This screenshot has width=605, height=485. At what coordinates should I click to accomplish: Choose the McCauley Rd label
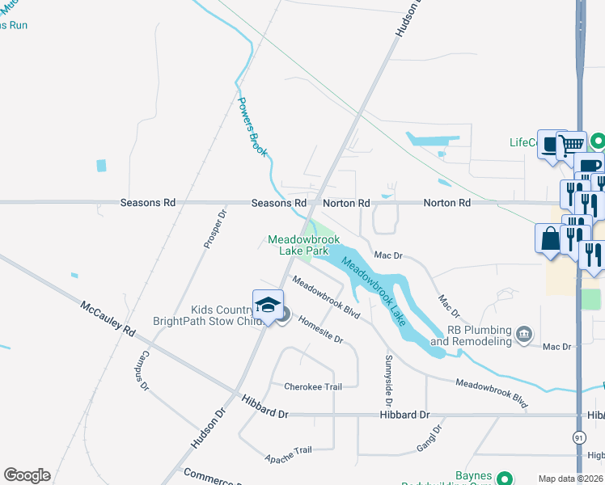pyautogui.click(x=107, y=318)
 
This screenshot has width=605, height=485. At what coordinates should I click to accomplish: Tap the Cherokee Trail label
pyautogui.click(x=312, y=386)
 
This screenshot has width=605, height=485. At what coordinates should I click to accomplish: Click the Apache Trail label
pyautogui.click(x=288, y=453)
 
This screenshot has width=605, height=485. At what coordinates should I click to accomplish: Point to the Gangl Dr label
pyautogui.click(x=430, y=440)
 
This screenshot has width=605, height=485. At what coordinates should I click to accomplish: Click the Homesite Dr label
pyautogui.click(x=320, y=329)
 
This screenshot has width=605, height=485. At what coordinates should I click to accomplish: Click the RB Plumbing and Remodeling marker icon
pyautogui.click(x=524, y=333)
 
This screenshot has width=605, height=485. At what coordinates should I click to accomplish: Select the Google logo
pyautogui.click(x=27, y=475)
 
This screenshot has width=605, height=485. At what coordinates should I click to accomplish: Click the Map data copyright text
pyautogui.click(x=570, y=479)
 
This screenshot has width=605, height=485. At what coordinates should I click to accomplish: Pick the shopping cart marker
pyautogui.click(x=573, y=145)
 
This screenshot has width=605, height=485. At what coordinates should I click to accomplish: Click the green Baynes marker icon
pyautogui.click(x=505, y=479)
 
